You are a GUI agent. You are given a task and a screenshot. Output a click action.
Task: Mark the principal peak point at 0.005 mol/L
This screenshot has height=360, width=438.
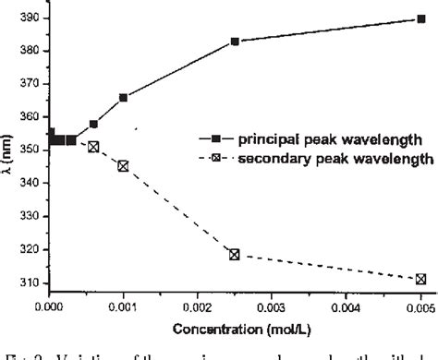pos(420,18)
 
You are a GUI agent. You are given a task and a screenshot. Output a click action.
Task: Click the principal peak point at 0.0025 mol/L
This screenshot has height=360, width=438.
pos(235,42)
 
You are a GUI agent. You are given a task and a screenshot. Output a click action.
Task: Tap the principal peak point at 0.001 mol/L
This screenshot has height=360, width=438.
pos(124,97)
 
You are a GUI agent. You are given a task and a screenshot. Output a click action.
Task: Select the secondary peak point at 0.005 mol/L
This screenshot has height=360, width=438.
pos(420,278)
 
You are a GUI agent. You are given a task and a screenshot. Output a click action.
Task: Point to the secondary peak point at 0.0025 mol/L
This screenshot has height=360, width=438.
pos(235,254)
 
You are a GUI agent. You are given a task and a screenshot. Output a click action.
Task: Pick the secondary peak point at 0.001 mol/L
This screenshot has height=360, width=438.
pos(124,166)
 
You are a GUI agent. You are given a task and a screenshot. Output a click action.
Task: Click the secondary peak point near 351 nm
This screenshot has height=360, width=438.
pos(93,147)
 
